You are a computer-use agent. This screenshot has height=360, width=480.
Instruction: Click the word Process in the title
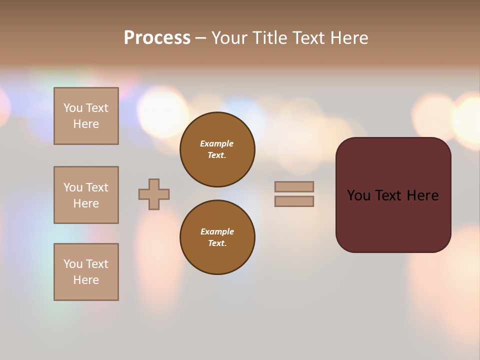click(x=157, y=38)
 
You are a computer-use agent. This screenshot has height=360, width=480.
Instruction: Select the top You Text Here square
click(x=86, y=116)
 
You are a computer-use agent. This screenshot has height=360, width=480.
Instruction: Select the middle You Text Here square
click(x=86, y=195)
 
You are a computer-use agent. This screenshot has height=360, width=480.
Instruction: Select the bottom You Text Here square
click(x=86, y=272)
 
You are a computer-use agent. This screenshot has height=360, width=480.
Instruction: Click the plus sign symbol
click(x=154, y=194)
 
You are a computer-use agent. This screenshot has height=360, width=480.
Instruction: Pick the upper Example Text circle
click(x=217, y=149)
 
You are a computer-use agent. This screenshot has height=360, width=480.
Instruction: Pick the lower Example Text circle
click(x=217, y=237)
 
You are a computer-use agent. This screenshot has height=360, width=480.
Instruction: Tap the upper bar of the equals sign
click(x=294, y=186)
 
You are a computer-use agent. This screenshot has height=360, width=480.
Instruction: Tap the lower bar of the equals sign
click(x=294, y=201)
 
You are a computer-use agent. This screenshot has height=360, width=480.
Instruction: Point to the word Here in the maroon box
click(x=422, y=195)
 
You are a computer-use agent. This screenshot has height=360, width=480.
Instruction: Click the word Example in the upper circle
click(x=217, y=143)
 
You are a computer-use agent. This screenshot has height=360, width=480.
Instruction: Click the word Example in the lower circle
click(x=217, y=231)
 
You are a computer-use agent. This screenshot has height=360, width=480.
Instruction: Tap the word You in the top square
click(x=73, y=108)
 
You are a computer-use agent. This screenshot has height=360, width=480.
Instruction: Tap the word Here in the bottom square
click(x=86, y=280)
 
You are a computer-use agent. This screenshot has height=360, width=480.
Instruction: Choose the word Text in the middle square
click(x=97, y=187)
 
